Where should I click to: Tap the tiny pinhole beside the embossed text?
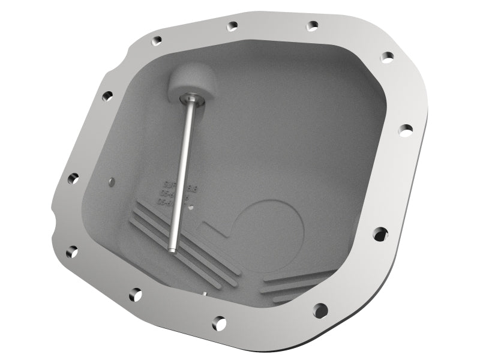[191, 208]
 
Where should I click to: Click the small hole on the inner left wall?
[111, 179]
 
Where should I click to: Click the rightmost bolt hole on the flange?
[406, 128]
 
